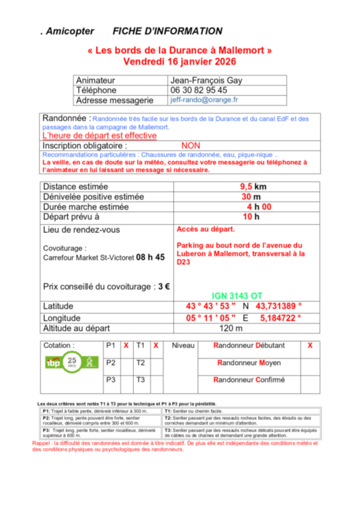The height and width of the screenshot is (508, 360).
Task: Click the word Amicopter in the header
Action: coord(69,31)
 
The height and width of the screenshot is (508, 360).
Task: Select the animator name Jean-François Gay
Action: coord(206,80)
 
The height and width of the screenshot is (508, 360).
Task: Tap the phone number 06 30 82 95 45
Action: coord(199,90)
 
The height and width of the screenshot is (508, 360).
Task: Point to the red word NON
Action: coord(190,146)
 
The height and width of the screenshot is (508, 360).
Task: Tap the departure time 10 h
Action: coord(248,216)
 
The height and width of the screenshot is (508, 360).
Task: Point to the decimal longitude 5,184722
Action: coord(279,317)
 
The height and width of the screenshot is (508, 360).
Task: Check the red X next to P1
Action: coord(126,345)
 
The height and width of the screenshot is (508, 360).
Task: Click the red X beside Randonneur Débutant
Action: coord(310,345)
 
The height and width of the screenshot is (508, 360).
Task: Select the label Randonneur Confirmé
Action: coord(249,380)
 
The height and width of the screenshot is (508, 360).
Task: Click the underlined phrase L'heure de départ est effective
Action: coord(99,136)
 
